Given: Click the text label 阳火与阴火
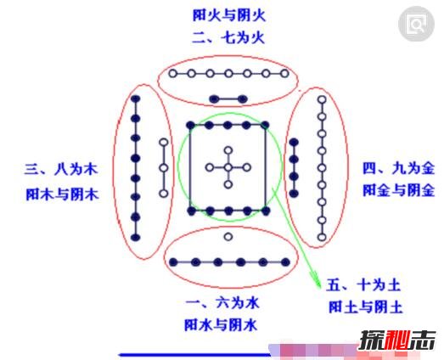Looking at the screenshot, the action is click(229, 15).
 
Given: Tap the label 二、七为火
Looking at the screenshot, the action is click(228, 37).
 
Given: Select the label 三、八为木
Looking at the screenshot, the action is click(61, 169).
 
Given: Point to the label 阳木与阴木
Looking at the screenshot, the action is click(62, 194).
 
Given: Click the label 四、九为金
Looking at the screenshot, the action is click(399, 169).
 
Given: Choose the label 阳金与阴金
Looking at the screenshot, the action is click(399, 190).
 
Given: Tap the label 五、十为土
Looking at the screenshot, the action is click(363, 284).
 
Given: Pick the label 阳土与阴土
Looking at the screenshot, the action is click(365, 307).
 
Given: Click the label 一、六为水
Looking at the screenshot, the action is click(222, 303).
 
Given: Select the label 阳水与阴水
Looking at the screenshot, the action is click(221, 325).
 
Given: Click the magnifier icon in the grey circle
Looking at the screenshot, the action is click(416, 24).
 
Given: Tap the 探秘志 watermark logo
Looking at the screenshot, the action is click(397, 340).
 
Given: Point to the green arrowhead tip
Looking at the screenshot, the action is click(320, 288).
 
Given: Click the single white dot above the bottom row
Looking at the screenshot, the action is click(228, 237).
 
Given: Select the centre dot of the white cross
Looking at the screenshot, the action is click(228, 167).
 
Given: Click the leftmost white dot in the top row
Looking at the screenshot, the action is click(172, 74).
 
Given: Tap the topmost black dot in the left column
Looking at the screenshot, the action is click(136, 98).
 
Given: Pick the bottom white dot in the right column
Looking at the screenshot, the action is click(322, 238).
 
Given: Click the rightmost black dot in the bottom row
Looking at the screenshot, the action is click(285, 262).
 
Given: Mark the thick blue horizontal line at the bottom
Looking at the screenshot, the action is click(194, 355).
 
